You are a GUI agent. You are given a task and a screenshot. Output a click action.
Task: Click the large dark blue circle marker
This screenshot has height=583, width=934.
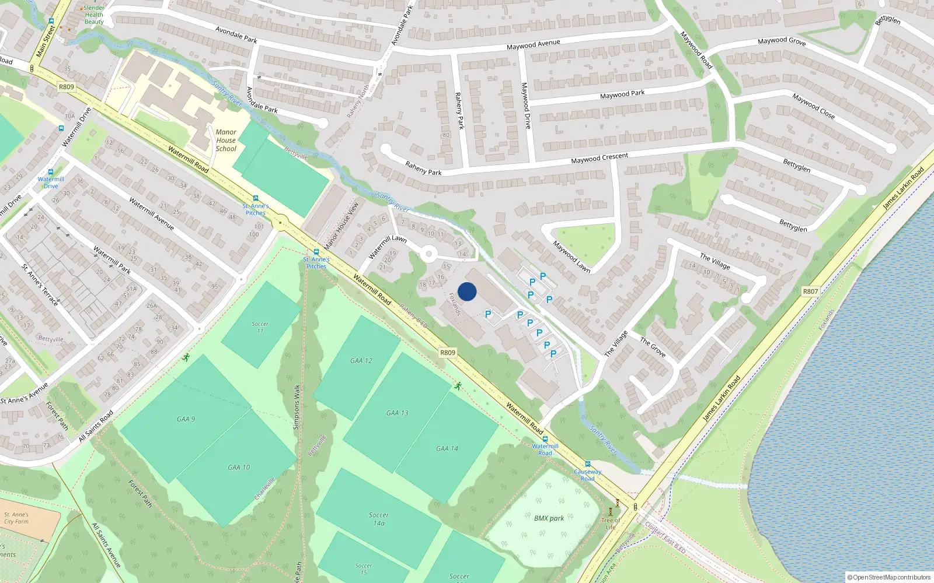pos(467,291)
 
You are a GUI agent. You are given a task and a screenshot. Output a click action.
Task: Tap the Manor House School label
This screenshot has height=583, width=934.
pos(226,141)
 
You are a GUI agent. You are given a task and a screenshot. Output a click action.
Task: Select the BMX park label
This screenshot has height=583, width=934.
pos(549,518)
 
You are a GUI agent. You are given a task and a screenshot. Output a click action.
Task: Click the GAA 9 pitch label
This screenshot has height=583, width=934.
pos(186,419)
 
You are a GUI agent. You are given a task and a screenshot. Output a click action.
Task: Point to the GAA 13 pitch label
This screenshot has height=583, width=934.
pos(397,413)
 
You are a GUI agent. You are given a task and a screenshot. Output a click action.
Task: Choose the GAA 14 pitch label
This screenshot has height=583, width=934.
pos(447,448)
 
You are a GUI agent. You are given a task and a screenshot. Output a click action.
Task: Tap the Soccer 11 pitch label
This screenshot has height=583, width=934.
pos(260,327)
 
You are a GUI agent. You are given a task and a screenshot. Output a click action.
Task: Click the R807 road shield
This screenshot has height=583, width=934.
pos(810,291)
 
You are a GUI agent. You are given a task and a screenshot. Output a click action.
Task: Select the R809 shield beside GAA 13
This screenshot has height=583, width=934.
pos(448,353)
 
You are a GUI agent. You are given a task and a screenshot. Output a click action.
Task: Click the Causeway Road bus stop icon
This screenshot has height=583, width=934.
pos(587,465)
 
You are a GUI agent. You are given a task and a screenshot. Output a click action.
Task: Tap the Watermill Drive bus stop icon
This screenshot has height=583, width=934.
pos(51,172)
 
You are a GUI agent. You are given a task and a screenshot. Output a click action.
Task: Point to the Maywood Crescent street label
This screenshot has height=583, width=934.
pos(600,158)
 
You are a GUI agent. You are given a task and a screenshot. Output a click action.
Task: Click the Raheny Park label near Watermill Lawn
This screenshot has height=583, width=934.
pos(423,168)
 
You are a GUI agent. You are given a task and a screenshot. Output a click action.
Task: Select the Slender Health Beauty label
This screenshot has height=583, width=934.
pos(93,15)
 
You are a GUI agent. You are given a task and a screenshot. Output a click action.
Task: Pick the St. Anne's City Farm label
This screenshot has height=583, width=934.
pos(16,518)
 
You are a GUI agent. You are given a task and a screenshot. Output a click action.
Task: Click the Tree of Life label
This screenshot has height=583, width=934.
pos(611,524)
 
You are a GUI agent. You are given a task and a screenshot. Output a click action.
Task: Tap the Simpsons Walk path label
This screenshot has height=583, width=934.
pos(297,407)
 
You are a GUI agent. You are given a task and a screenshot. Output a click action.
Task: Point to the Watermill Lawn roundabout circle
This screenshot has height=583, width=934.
pos(429,254)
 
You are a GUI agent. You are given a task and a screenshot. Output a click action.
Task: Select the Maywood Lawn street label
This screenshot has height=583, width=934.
pos(571,257)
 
